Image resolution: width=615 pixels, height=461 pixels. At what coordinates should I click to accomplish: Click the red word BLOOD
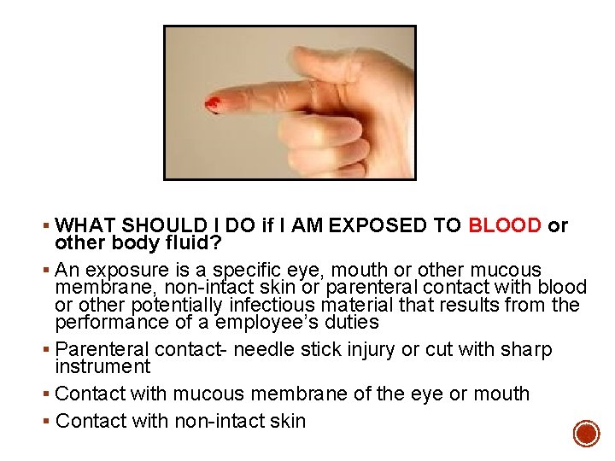click(504, 226)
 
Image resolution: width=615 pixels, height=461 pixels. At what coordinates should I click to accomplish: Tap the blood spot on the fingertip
click(213, 105)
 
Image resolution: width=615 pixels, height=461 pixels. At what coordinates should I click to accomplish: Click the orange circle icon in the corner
click(586, 434)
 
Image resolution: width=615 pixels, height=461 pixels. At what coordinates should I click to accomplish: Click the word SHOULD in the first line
click(162, 226)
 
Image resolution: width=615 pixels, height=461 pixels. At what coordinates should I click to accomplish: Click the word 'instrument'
click(102, 367)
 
